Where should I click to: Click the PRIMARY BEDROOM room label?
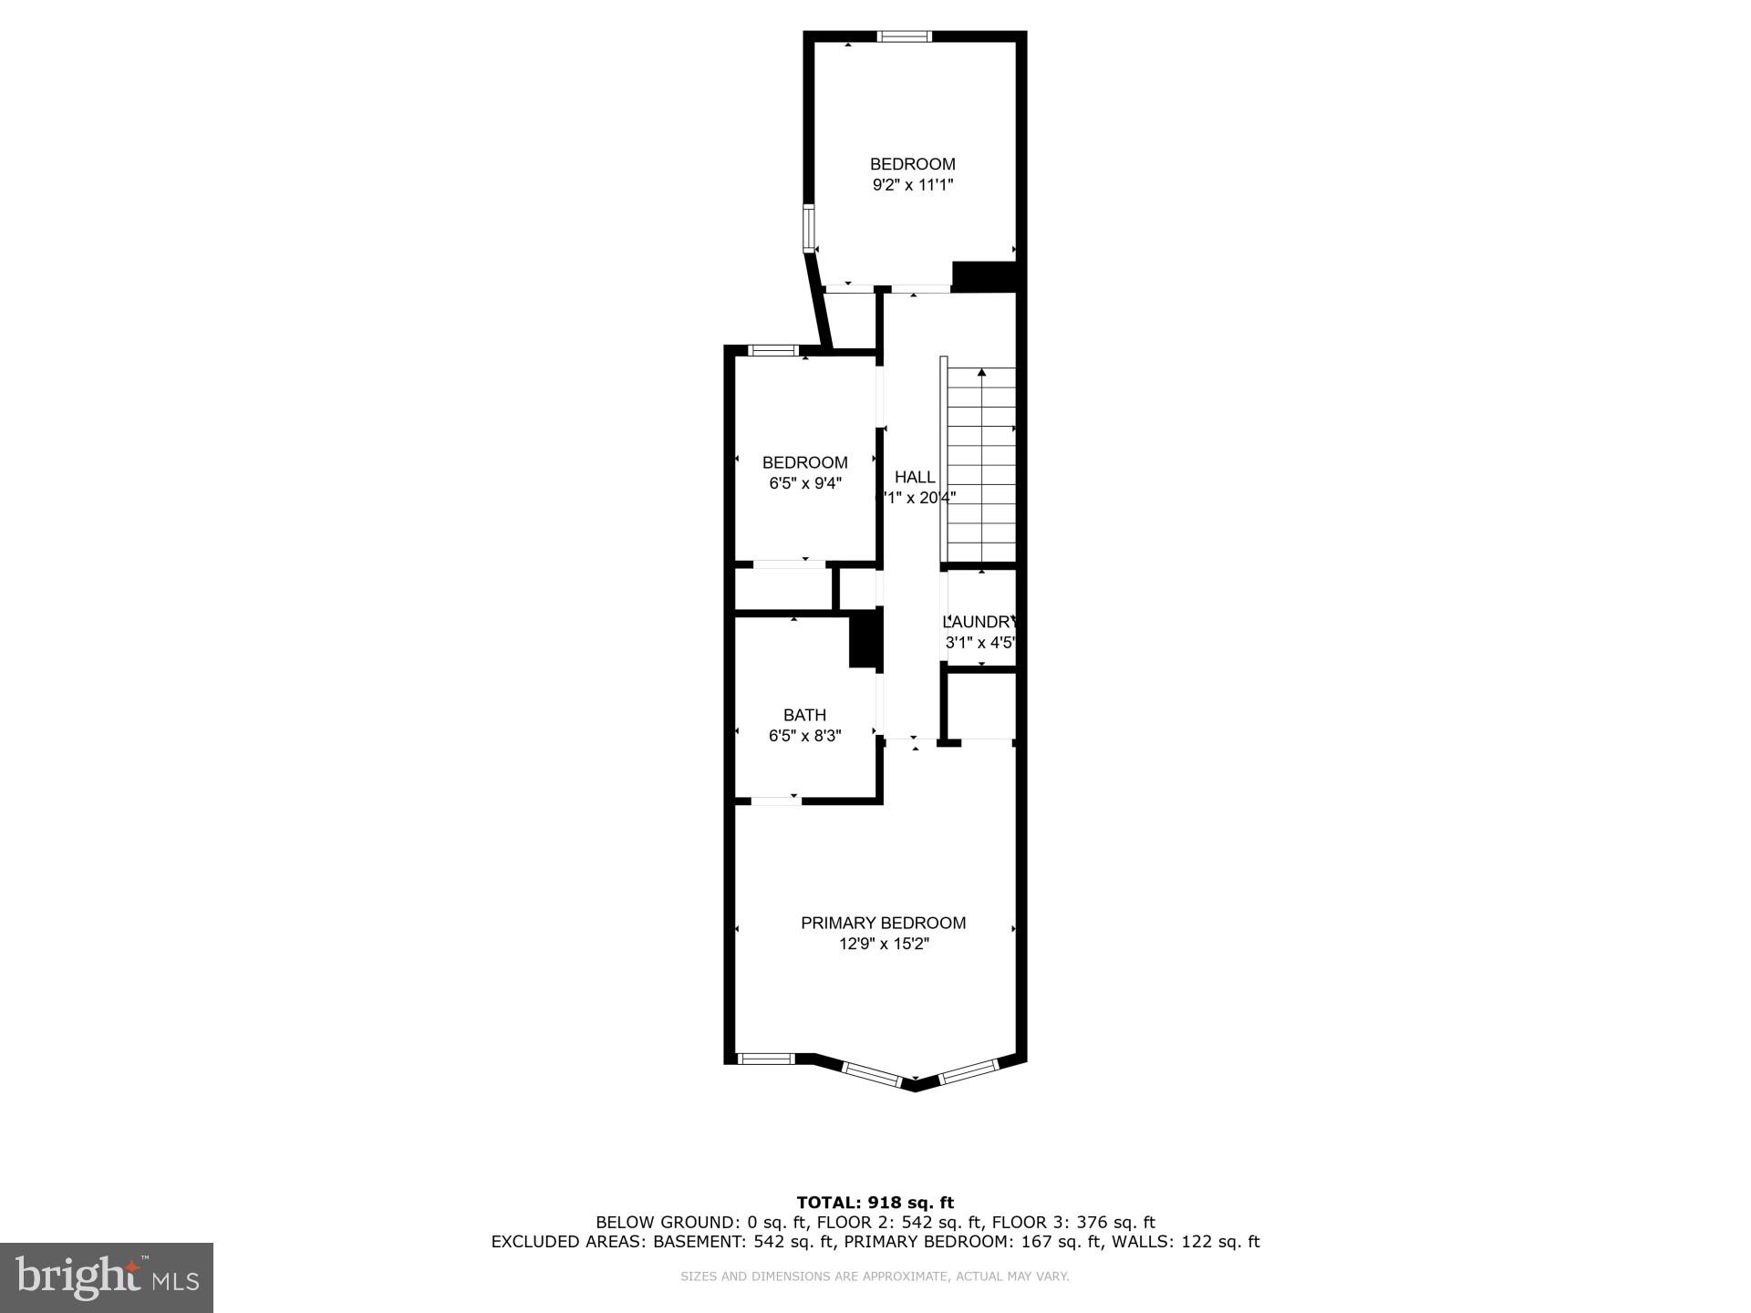pos(883,923)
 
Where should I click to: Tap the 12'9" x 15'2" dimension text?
pos(883,944)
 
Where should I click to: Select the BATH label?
pos(804,716)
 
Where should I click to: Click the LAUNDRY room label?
pos(979,622)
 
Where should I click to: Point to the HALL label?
pos(914,477)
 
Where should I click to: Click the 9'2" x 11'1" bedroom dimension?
pos(912,185)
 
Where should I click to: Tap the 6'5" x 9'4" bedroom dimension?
pos(804,483)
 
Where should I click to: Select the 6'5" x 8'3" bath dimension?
pos(804,736)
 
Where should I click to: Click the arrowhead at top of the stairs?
pos(981,372)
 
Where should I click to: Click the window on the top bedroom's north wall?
pos(905,36)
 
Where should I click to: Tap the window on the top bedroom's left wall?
pos(808,228)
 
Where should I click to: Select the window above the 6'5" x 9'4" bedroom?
pos(773,350)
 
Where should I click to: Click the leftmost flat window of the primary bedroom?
pos(765,1059)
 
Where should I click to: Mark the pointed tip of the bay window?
pos(915,1085)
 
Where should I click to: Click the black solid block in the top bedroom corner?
pos(984,276)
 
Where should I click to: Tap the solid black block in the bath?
pos(864,639)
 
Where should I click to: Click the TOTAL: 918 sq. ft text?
pos(875,1203)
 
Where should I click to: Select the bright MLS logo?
pos(107,1277)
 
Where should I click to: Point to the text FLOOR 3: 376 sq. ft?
pos(1073,1223)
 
